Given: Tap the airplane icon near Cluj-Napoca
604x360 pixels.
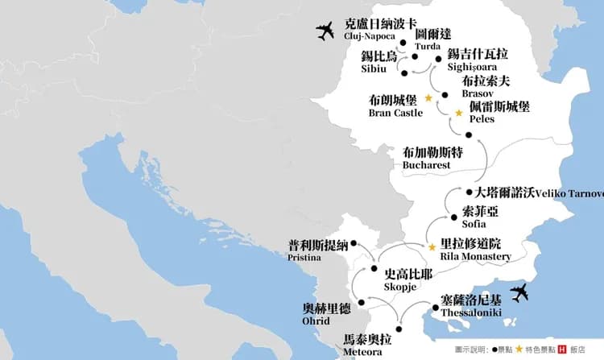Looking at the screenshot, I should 325,32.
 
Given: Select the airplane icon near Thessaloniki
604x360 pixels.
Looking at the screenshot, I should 521,294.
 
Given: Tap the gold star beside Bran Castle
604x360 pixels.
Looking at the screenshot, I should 428,97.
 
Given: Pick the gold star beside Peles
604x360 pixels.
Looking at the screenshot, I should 459,114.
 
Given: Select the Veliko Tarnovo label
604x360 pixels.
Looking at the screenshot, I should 540,192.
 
